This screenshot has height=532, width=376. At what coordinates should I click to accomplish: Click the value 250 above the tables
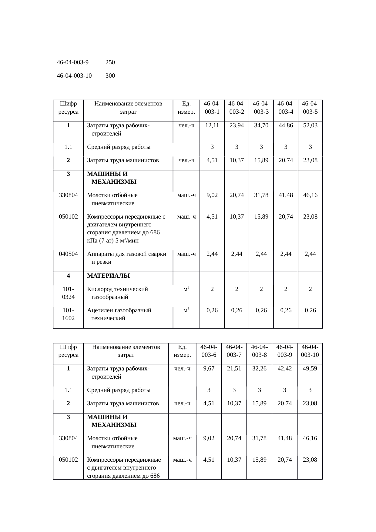[x=110, y=62]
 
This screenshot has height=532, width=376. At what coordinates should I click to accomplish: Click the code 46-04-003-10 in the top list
[x=74, y=76]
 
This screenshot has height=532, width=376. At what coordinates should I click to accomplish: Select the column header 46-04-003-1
[x=212, y=108]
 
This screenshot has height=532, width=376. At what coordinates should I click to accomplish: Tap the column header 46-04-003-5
[x=310, y=108]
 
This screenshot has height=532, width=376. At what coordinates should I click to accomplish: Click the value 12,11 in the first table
[x=212, y=125]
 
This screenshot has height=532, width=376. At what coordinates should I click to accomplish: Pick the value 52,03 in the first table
[x=310, y=125]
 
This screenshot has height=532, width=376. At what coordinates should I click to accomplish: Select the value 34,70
[x=261, y=125]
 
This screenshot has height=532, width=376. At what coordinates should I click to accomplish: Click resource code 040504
[x=68, y=254]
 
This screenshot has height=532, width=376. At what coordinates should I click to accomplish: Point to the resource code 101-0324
[x=68, y=293]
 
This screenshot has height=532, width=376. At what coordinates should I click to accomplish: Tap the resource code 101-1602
[x=68, y=314]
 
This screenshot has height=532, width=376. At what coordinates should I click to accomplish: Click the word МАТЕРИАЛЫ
[x=108, y=276]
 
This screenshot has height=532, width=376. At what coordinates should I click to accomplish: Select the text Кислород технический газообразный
[x=117, y=293]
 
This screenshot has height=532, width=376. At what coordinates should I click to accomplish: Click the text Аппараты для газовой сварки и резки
[x=126, y=258]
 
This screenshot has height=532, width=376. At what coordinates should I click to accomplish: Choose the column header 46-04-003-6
[x=209, y=351]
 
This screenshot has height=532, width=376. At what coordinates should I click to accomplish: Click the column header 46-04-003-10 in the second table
[x=310, y=351]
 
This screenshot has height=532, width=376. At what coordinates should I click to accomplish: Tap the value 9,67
[x=209, y=369]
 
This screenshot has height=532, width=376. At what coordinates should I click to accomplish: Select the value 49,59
[x=310, y=369]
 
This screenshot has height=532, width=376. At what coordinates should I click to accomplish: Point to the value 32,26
[x=259, y=369]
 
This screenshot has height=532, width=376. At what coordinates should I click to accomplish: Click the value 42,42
[x=284, y=369]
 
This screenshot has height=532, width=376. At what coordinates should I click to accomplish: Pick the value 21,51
[x=234, y=369]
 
